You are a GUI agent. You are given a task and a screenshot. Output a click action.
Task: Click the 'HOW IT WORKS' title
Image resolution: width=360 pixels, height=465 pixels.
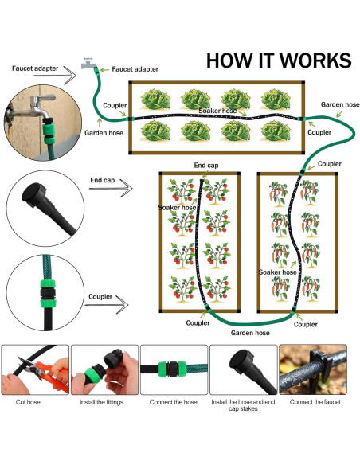[279, 61]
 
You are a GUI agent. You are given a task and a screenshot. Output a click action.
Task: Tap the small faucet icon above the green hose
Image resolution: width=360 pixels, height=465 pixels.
[88, 63]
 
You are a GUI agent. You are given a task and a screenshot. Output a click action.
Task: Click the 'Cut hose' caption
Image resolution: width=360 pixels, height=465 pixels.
[28, 402]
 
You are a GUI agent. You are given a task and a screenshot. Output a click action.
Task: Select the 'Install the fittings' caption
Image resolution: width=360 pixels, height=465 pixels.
[101, 402]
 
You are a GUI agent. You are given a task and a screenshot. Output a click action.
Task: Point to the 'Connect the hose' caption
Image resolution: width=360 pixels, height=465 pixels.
[173, 402]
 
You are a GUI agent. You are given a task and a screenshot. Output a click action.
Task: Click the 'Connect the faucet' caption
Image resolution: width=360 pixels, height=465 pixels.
[315, 402]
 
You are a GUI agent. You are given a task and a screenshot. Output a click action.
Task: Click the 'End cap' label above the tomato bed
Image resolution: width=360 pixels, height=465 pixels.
[206, 165]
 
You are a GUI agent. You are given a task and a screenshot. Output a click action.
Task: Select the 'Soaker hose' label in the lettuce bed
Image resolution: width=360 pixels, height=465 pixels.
[217, 111]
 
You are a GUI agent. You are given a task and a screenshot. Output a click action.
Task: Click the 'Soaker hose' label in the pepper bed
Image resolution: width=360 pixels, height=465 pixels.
[277, 272]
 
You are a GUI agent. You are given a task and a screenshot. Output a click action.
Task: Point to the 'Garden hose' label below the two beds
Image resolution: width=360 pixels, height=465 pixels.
[250, 333]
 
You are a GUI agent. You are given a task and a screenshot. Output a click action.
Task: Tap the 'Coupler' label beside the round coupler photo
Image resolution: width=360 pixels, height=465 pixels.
[100, 296]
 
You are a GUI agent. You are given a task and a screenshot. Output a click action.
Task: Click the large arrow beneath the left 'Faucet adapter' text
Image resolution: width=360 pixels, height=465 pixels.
[54, 76]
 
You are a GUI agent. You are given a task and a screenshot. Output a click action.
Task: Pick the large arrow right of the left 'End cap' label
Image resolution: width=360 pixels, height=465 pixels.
[111, 189]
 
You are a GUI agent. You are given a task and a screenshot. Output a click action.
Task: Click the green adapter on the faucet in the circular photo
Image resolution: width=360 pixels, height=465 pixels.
[49, 131]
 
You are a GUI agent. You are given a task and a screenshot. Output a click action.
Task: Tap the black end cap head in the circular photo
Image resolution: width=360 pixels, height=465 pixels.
[33, 194]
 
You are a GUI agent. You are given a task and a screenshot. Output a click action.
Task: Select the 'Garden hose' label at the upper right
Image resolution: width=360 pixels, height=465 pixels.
[340, 104]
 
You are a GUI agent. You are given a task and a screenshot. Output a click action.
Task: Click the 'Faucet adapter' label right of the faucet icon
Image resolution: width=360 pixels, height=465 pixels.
[135, 69]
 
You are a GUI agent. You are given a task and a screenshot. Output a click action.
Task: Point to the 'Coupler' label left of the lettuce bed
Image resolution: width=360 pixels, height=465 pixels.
[115, 105]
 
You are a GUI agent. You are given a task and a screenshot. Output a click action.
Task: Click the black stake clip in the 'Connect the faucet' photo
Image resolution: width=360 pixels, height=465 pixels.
[321, 363]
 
